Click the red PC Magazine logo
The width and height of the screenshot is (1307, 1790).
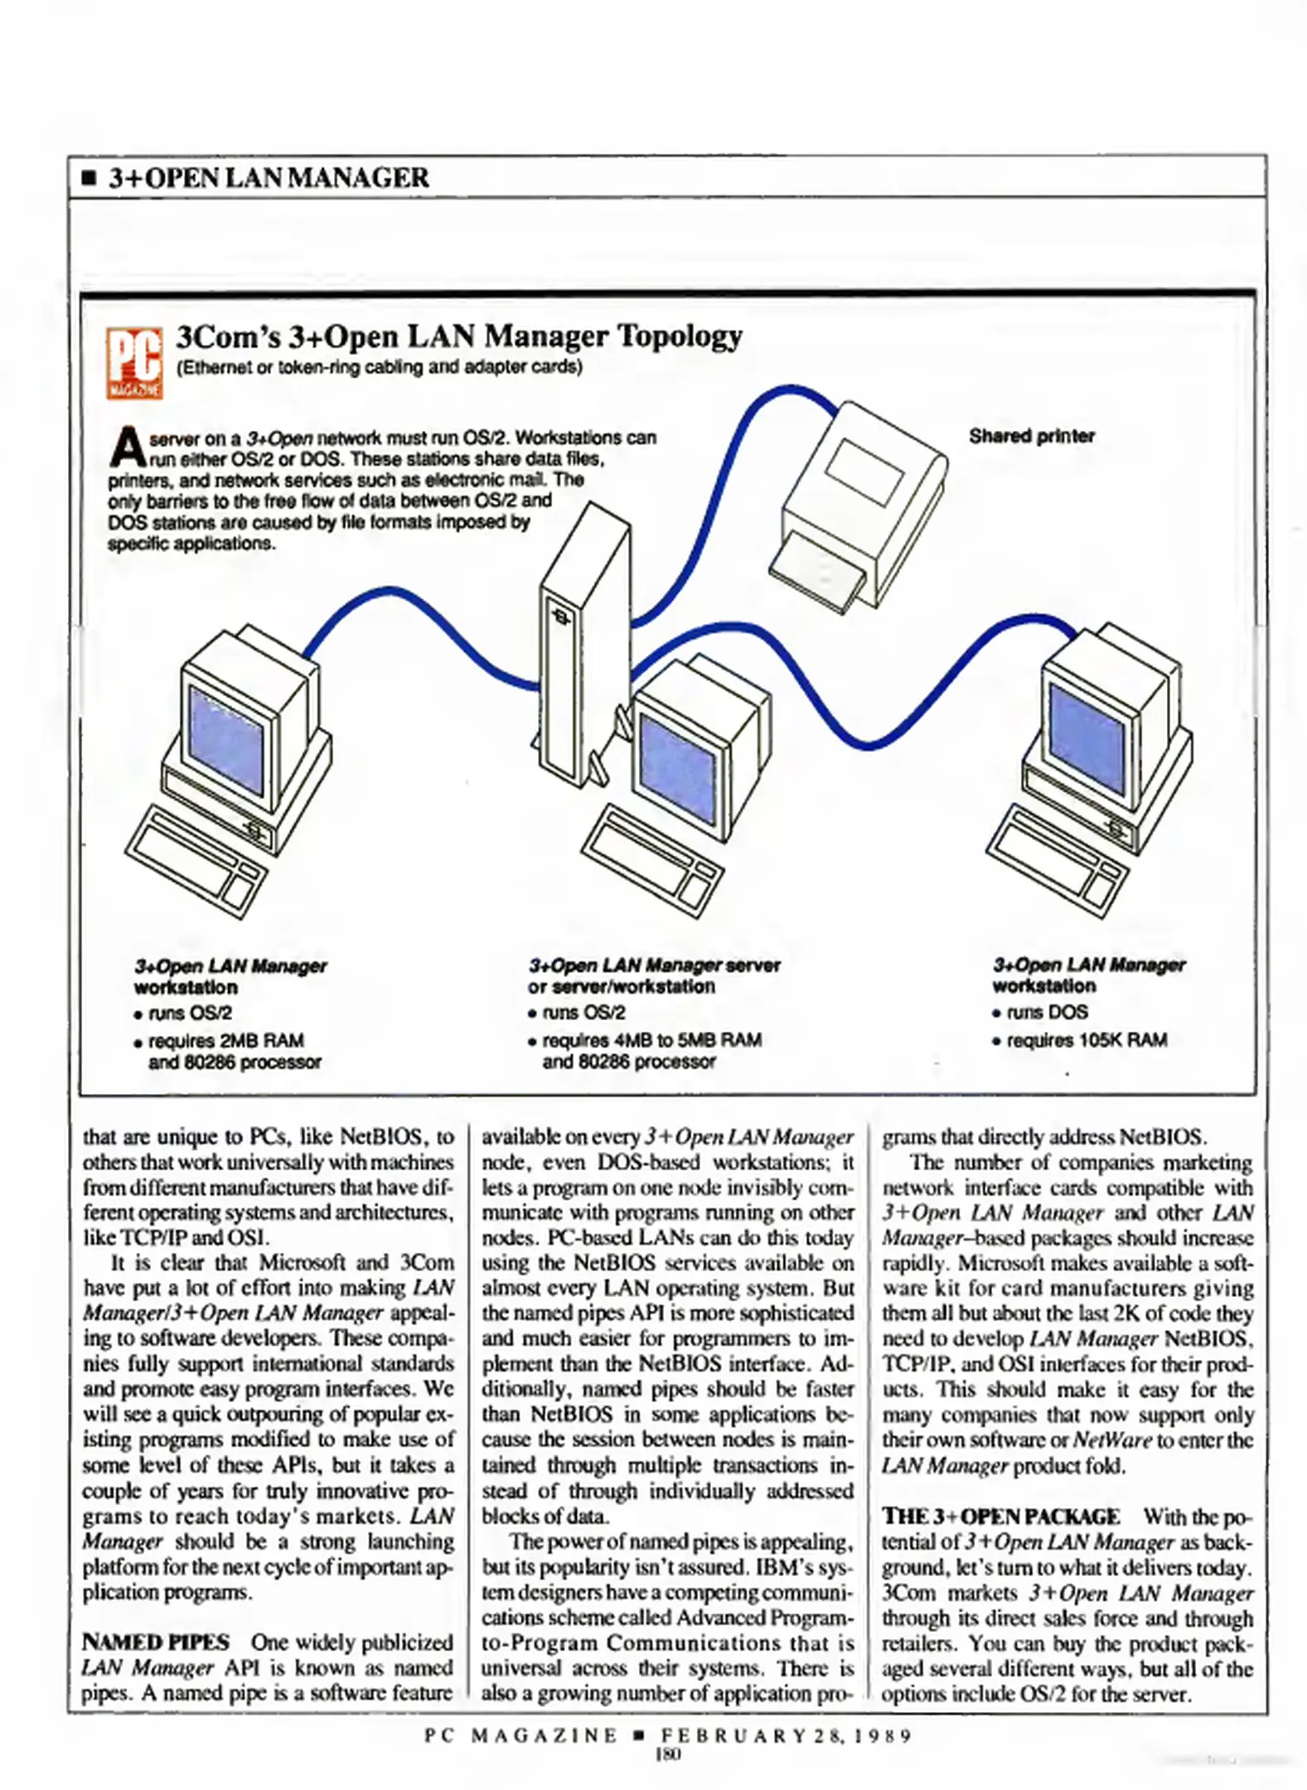(133, 363)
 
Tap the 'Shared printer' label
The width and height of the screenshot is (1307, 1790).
(1031, 436)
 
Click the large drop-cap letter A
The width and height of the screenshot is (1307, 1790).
(127, 447)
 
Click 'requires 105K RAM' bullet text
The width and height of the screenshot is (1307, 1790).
(1086, 1039)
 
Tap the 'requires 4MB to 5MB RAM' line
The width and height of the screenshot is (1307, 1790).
(651, 1039)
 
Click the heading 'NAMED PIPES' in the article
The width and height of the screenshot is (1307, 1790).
(155, 1642)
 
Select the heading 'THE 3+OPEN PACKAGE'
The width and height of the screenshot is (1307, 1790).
(1000, 1516)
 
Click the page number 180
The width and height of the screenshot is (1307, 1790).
(667, 1753)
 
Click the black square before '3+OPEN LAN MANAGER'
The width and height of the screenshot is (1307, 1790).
(89, 178)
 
